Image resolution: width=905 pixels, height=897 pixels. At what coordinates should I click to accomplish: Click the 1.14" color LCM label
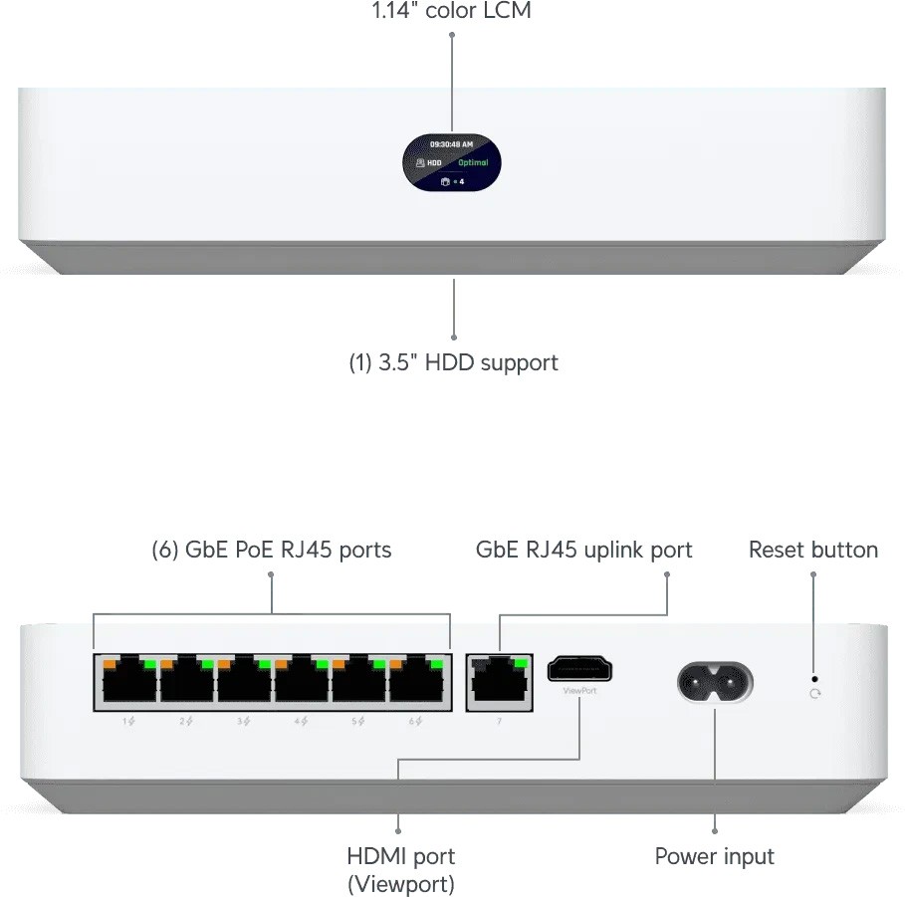[451, 12]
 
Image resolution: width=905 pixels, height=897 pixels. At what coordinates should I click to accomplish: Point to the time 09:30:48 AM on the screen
[451, 144]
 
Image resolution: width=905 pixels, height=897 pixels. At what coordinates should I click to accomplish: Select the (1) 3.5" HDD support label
[453, 362]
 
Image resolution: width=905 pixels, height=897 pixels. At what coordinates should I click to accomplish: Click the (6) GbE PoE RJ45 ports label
[271, 550]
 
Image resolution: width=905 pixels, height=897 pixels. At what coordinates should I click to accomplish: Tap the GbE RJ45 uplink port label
[584, 550]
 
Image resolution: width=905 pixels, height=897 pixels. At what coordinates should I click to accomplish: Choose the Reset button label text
[813, 550]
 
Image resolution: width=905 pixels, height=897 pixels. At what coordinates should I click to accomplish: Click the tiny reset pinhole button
[815, 678]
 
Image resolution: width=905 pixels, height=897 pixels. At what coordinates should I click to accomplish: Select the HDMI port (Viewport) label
[400, 869]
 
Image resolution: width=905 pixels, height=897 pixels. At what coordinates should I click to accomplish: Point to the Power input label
[714, 856]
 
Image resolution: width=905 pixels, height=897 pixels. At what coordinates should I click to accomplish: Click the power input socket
[715, 684]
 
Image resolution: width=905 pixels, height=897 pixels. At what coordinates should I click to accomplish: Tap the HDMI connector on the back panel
[579, 669]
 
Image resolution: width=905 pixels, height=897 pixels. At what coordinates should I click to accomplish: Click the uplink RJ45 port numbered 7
[499, 683]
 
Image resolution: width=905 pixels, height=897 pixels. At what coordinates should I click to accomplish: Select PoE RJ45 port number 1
[129, 683]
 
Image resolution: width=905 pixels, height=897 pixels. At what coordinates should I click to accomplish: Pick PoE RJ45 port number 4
[302, 683]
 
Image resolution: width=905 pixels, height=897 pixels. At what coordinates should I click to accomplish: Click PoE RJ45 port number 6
[417, 683]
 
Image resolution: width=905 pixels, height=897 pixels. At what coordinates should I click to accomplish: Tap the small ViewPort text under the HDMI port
[579, 690]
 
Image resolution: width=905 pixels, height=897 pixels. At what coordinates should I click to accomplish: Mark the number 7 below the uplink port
[499, 720]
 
